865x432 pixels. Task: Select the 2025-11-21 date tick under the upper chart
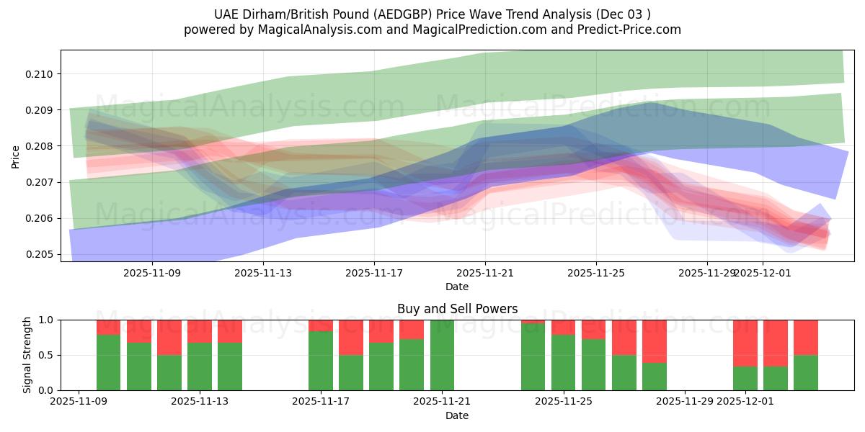[x=485, y=273]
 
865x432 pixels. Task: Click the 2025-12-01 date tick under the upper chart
[x=763, y=273]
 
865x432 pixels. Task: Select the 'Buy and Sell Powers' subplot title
[x=457, y=309]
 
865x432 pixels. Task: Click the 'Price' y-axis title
[x=16, y=156]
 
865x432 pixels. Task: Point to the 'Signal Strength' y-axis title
[x=27, y=355]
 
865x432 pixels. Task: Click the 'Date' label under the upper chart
[x=457, y=287]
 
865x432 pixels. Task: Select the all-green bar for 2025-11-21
[x=442, y=355]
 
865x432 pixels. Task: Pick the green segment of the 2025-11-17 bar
[x=321, y=361]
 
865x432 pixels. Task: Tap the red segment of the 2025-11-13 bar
[x=230, y=330]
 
